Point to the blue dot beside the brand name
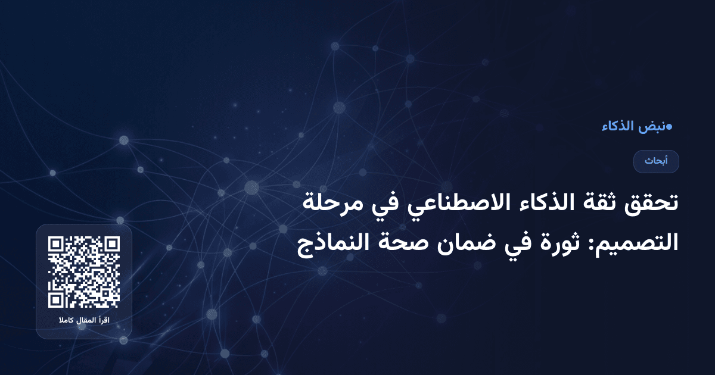tap(670, 126)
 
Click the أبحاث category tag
tap(656, 161)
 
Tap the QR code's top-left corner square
tap(56, 244)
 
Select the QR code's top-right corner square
tap(112, 244)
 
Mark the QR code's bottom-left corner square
tap(56, 300)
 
